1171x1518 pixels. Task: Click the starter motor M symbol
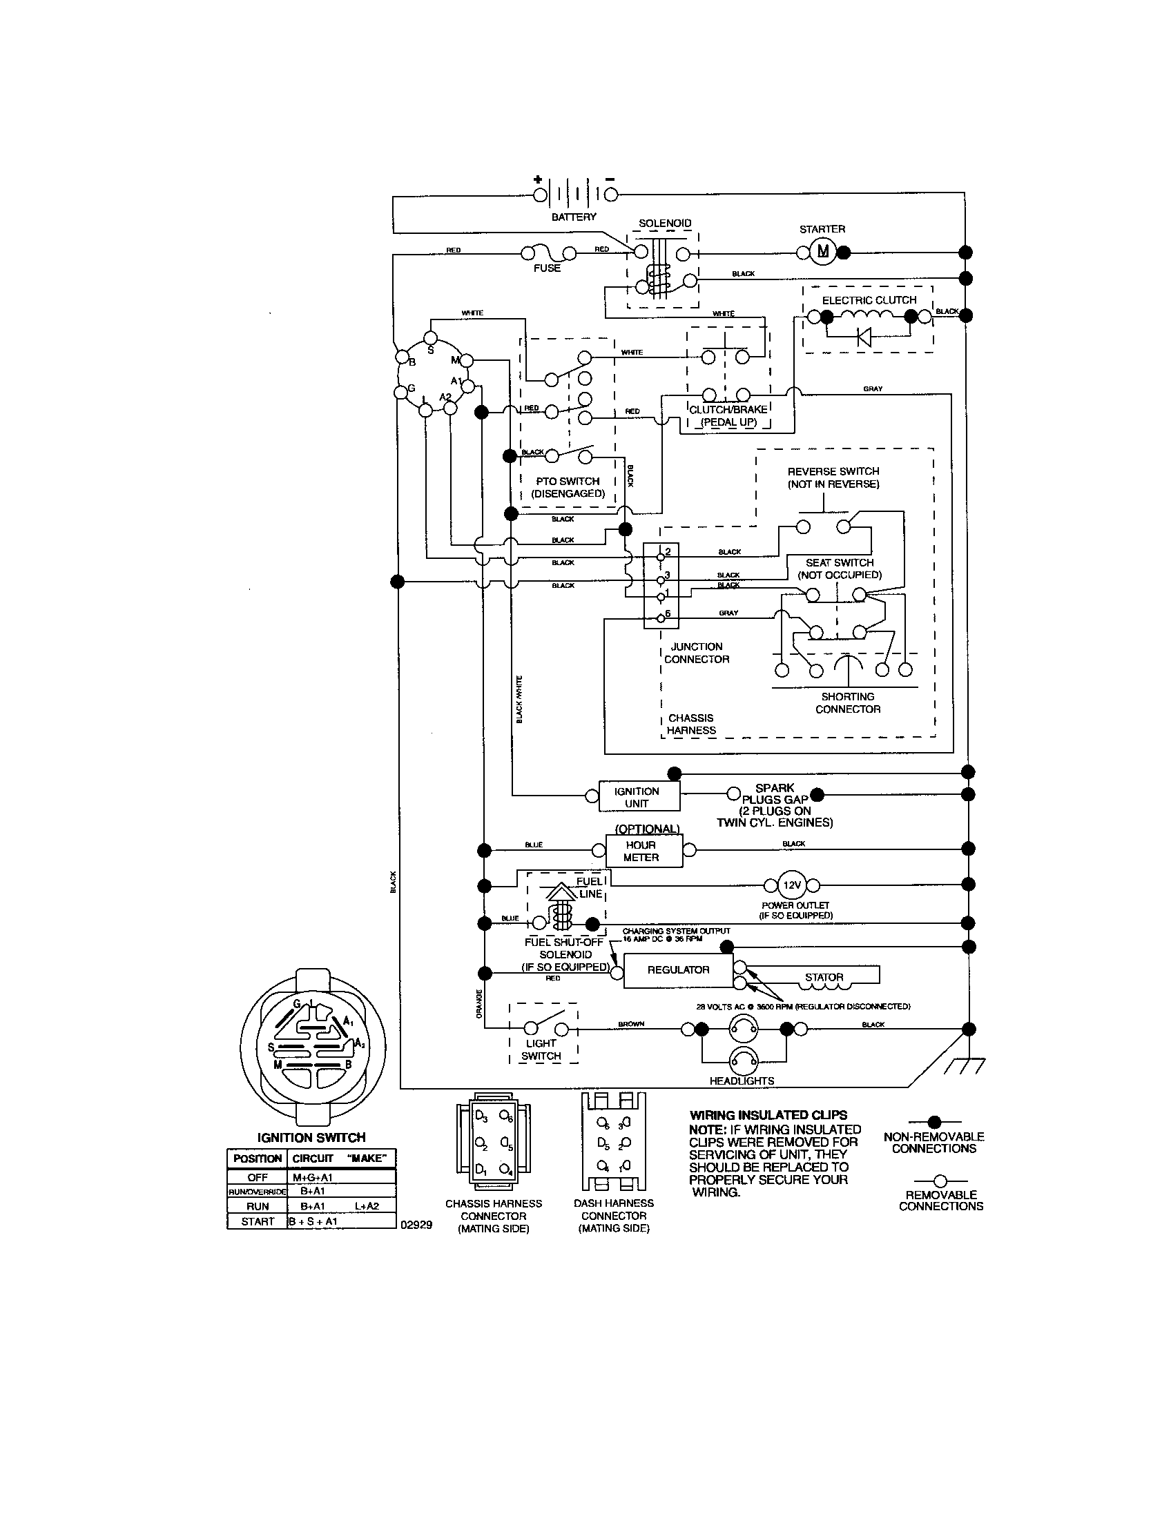(822, 252)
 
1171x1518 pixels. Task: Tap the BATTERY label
(574, 217)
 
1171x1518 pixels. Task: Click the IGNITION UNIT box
(639, 796)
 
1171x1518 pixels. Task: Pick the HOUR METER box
(643, 851)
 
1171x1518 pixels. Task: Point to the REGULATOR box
(678, 969)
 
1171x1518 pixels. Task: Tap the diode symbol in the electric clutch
(864, 337)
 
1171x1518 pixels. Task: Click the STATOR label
(824, 976)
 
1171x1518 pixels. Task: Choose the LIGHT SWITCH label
(541, 1049)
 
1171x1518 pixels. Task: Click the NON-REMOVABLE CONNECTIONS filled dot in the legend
(935, 1122)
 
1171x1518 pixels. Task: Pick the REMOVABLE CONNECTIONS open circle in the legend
(940, 1180)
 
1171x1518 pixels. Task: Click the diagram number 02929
(416, 1225)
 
